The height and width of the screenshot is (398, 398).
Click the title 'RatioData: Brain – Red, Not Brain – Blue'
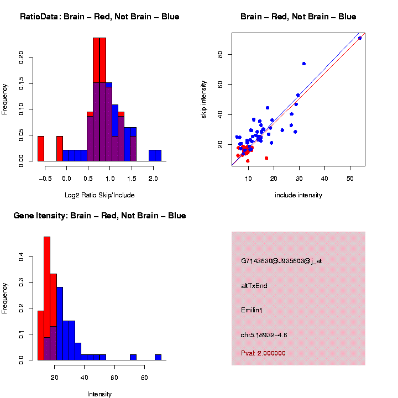tap(99, 17)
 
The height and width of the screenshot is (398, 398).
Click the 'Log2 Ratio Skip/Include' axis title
tap(99, 195)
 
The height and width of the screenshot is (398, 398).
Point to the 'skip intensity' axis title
tap(204, 100)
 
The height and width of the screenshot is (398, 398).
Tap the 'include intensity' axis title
tap(298, 195)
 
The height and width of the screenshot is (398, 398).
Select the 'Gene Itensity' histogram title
tap(99, 216)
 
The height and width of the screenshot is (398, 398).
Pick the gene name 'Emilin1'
tap(252, 310)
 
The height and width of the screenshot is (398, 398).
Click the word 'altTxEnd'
tap(254, 286)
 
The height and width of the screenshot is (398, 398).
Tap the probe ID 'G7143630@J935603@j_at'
tap(281, 261)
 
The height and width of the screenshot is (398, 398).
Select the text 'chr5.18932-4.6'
tap(264, 335)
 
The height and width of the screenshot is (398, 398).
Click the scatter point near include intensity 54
tap(360, 38)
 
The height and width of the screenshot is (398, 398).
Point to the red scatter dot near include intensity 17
tap(266, 158)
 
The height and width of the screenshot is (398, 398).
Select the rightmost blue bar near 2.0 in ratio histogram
tap(158, 155)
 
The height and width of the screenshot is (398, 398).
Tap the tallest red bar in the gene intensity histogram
tap(47, 298)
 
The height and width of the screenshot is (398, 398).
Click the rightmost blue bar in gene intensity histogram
tap(158, 357)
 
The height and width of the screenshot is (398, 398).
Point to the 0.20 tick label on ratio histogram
tap(22, 57)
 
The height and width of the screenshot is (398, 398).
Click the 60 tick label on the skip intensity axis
tap(221, 54)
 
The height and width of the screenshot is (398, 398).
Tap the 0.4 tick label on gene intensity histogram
tap(22, 257)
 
